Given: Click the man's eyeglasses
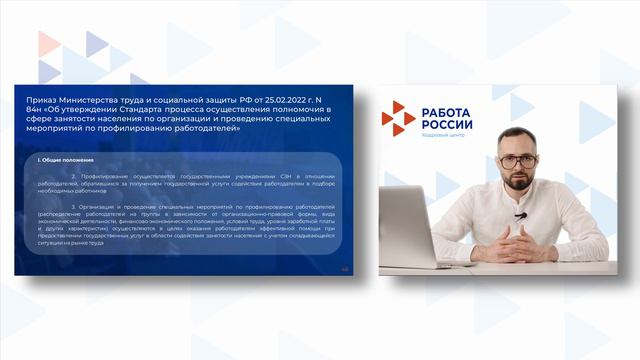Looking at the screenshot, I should pos(518,160).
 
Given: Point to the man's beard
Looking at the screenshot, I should pos(519,181).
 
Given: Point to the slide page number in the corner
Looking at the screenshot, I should pos(345,267).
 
